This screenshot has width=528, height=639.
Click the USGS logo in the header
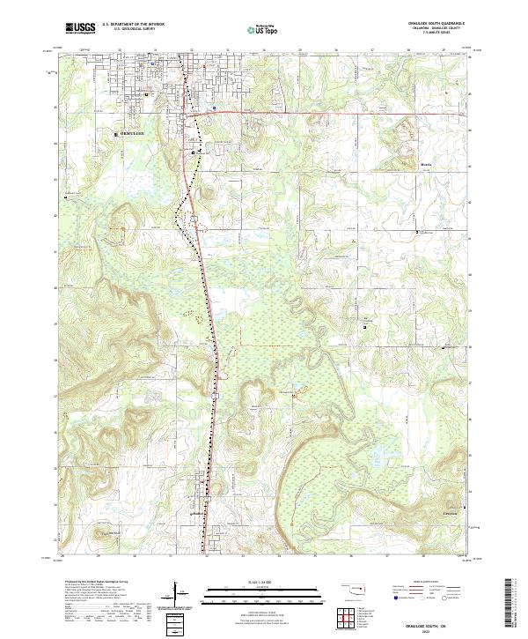80,28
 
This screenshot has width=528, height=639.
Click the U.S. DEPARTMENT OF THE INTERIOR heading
128,25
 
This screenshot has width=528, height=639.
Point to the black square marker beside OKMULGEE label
117,134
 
